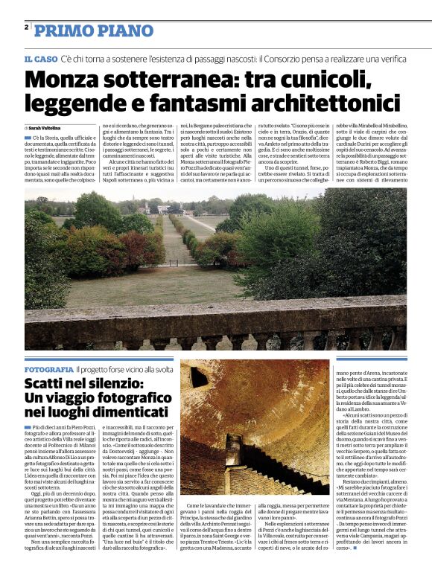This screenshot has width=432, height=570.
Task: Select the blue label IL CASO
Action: pyautogui.click(x=40, y=58)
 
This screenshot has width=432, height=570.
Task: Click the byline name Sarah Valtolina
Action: pyautogui.click(x=47, y=128)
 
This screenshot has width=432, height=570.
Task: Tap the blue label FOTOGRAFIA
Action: pyautogui.click(x=49, y=370)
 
